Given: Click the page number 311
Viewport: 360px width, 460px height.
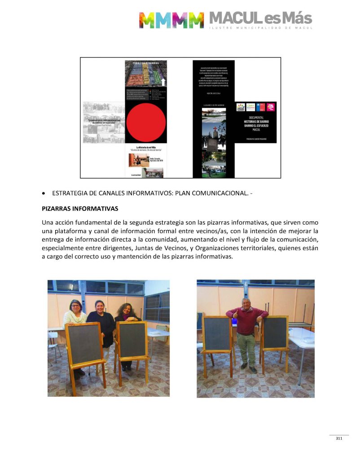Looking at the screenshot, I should coord(339,438).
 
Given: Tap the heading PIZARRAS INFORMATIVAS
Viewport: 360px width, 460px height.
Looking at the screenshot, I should coord(80,209).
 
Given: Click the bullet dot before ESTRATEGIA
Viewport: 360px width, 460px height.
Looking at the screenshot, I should coord(43,193).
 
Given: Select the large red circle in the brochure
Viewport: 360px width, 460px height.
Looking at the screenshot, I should coord(146,121).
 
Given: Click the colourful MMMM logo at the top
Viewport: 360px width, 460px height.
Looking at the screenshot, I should coord(171,20).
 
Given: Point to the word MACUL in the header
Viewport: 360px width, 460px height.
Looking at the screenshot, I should coord(234,18).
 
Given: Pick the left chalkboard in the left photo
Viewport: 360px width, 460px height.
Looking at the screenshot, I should coord(84,344).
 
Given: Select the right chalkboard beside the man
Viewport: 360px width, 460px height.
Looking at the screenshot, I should coord(275,333).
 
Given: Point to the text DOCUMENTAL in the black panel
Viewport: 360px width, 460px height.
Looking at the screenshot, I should coord(256,117).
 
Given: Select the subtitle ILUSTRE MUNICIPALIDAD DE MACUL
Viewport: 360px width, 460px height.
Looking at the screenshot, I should coord(260,28).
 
